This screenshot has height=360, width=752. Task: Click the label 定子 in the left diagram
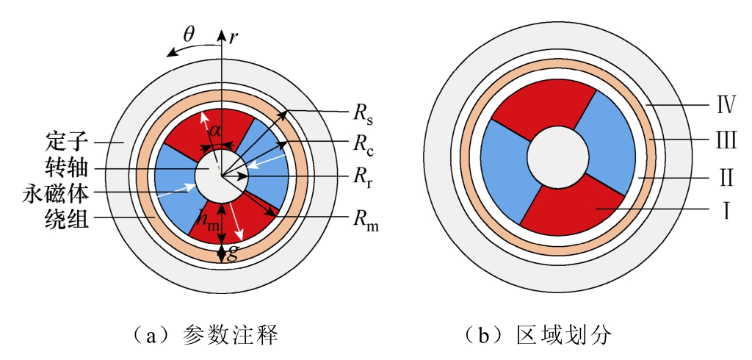click(x=68, y=142)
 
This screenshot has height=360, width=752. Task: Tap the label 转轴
click(x=68, y=168)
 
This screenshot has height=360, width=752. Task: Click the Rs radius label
click(x=363, y=116)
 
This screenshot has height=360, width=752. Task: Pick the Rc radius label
click(x=363, y=146)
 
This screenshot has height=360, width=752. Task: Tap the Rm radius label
click(x=366, y=220)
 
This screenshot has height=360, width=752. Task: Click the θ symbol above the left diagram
click(x=190, y=35)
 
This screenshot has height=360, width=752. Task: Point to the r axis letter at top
click(x=233, y=37)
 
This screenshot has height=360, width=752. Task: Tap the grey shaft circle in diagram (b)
click(x=558, y=157)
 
